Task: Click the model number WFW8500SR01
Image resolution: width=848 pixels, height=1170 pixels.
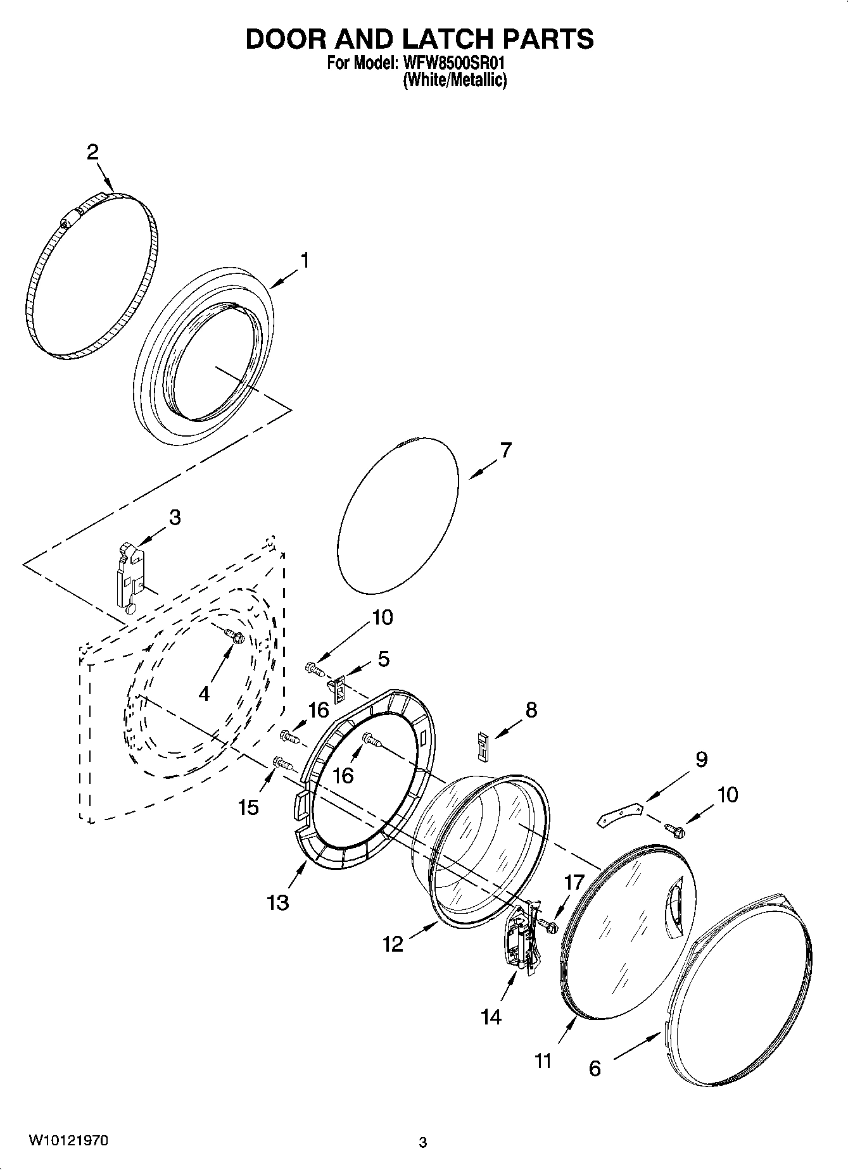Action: (x=455, y=63)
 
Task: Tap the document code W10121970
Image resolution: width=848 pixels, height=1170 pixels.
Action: (x=68, y=1141)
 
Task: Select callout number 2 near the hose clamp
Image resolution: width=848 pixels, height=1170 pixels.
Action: (x=92, y=152)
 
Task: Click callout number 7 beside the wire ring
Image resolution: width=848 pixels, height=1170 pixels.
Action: (x=505, y=451)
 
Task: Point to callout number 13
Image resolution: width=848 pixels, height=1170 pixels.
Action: (x=278, y=902)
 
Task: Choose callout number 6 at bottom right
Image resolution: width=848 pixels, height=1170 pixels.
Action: (x=594, y=1069)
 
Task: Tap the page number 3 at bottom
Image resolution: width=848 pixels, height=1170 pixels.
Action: (x=423, y=1143)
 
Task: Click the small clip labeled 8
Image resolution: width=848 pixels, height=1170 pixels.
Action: (x=484, y=745)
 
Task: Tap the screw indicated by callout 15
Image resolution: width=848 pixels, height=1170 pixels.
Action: (x=282, y=763)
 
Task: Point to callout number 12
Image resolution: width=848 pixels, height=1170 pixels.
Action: (x=393, y=945)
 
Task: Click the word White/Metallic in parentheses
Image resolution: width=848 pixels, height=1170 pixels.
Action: (x=455, y=80)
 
